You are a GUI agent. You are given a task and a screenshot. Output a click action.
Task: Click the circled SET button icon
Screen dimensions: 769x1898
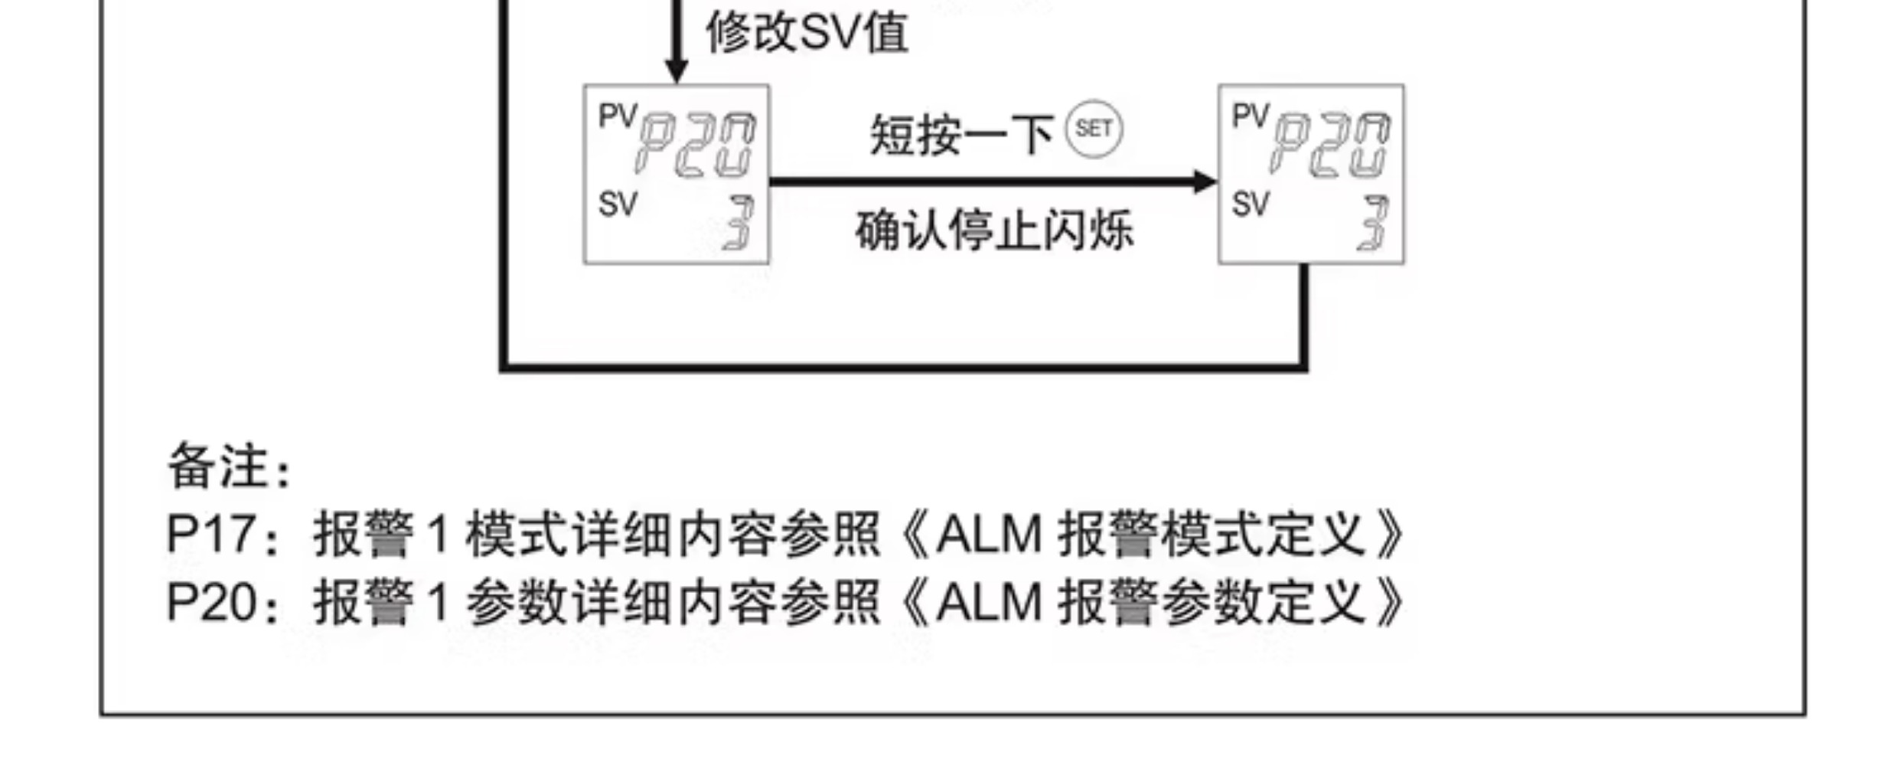pos(1094,129)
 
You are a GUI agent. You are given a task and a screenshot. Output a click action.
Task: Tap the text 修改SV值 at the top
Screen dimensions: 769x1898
pos(807,34)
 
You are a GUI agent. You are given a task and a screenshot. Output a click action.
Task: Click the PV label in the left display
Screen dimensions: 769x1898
pos(618,116)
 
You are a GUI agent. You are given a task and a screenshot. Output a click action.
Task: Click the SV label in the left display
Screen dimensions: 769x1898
pos(618,205)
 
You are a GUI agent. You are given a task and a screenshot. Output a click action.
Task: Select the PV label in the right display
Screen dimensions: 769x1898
pos(1251,116)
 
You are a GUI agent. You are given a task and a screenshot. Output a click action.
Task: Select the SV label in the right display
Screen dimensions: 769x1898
pos(1251,205)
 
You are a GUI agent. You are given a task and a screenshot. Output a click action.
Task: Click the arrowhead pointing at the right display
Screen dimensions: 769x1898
pos(1205,182)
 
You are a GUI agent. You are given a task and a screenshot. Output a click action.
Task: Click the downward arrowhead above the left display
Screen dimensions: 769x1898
pos(676,70)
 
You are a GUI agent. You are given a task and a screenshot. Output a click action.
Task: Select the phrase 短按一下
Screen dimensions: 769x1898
pos(961,136)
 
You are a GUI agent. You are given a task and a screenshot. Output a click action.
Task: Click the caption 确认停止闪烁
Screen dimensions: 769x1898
pos(994,231)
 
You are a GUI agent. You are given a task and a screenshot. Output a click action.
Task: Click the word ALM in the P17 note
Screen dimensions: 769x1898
pos(989,534)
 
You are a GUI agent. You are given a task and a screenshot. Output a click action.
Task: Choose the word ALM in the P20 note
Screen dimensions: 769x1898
pos(989,602)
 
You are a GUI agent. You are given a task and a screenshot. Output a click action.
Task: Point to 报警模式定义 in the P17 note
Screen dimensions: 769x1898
pos(1212,534)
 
